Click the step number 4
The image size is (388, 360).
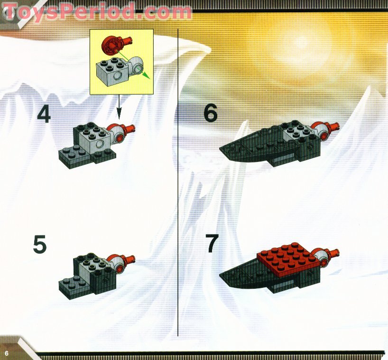click(x=44, y=114)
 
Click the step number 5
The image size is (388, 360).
click(x=40, y=244)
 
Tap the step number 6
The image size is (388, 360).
click(x=210, y=113)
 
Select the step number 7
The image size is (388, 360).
click(x=212, y=244)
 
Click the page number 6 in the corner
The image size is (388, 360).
click(x=6, y=353)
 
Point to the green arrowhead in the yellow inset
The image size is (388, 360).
click(x=147, y=76)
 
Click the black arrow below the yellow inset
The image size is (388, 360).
click(x=119, y=107)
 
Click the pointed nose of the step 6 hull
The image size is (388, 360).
click(x=220, y=149)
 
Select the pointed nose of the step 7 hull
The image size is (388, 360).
click(x=220, y=274)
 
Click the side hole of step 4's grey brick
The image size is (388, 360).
click(x=101, y=144)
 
